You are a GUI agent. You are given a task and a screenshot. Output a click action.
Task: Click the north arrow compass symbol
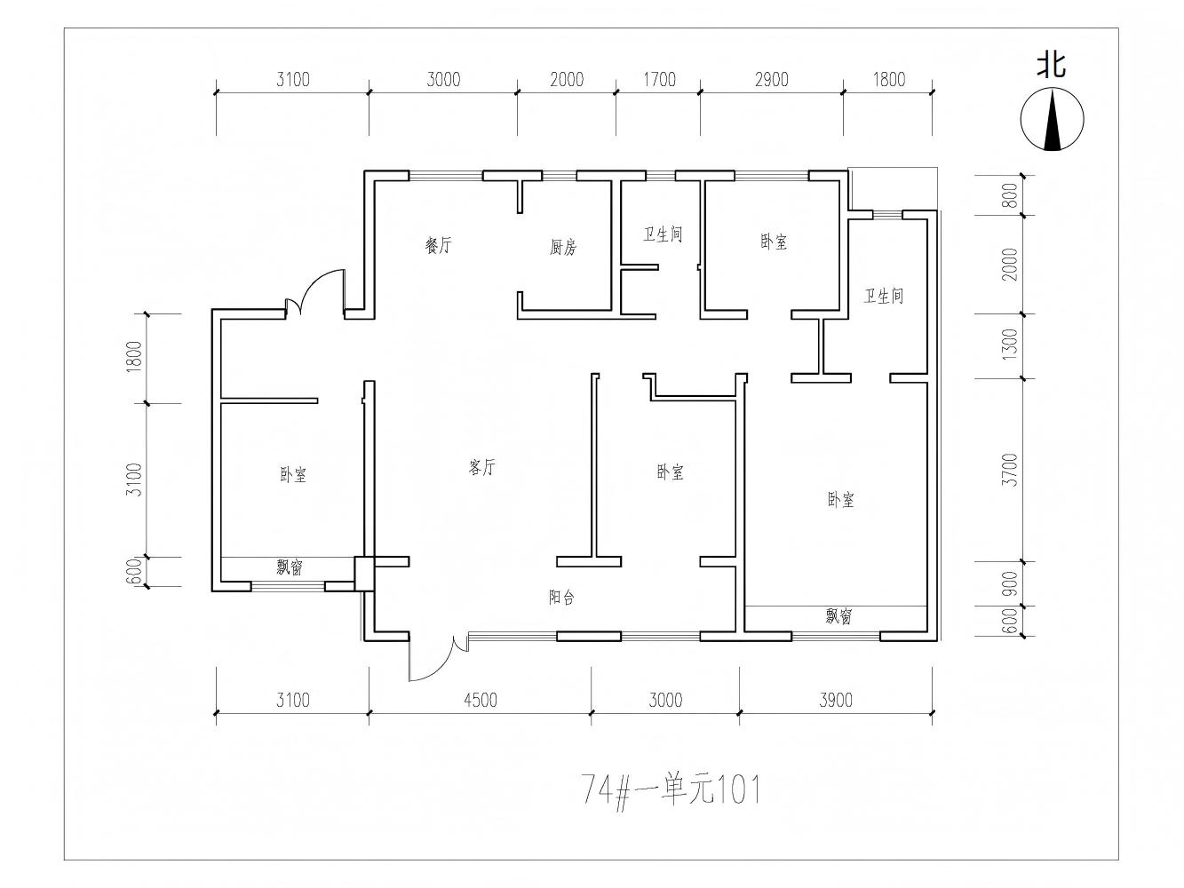coord(1052,119)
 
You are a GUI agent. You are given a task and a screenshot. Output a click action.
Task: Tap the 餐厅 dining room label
coord(438,245)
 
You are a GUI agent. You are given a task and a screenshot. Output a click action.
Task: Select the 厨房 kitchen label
coord(562,247)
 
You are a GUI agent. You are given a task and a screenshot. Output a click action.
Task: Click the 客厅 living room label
coord(481,467)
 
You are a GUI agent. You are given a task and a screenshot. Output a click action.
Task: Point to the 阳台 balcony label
coord(561,597)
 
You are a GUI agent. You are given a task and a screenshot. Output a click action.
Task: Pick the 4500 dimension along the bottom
coord(480,700)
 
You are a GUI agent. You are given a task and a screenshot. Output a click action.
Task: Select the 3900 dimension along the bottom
coord(836,700)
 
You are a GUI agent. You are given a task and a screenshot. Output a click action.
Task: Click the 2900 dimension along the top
coord(771,80)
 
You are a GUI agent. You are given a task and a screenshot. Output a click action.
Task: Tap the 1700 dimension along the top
coord(659,80)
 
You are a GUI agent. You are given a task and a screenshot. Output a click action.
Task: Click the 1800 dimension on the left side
coord(134,357)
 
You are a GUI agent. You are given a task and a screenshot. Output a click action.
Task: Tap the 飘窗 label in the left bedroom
coord(290,567)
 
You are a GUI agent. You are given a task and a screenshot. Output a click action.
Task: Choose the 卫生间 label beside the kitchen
coord(663,234)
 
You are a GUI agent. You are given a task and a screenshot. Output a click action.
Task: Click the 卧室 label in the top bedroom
coord(774,242)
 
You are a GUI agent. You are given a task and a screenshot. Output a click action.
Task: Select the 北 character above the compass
coord(1052,66)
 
